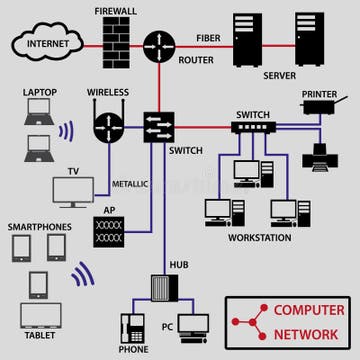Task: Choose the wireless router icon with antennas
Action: pos(108,126)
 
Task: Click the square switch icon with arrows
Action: pos(158,126)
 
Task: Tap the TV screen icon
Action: pos(73,190)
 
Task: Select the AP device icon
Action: pos(111,233)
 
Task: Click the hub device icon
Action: pos(164,287)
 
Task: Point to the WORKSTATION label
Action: pos(259,238)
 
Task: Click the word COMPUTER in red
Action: pos(309,311)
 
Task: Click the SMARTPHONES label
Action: pos(40,227)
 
